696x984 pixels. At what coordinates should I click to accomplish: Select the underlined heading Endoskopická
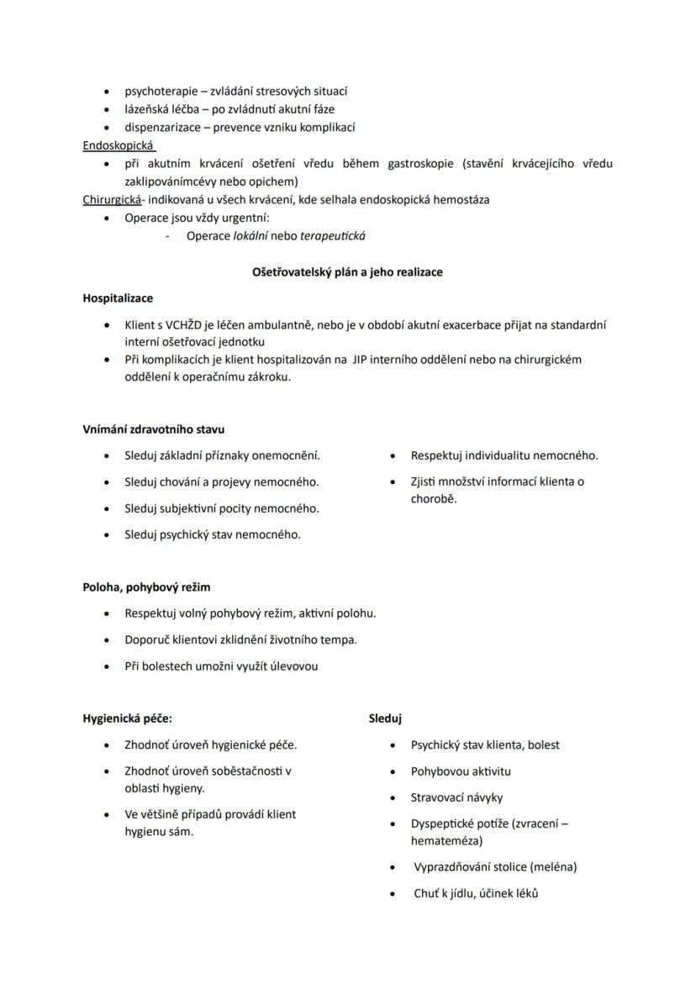(x=113, y=145)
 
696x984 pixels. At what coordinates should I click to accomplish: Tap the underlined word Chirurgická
(x=112, y=200)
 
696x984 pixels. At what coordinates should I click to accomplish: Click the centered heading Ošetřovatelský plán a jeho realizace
(x=347, y=272)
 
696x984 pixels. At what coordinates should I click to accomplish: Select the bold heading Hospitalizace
(x=118, y=297)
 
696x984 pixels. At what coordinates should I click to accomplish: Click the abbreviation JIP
(x=364, y=360)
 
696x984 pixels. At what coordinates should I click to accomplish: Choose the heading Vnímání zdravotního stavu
(x=153, y=429)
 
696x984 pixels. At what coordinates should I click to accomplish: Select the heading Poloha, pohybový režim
(x=146, y=587)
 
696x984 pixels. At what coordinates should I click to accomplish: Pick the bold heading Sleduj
(x=385, y=718)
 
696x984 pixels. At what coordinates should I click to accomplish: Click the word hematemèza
(x=446, y=840)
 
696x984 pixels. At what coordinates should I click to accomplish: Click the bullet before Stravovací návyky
(x=393, y=797)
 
